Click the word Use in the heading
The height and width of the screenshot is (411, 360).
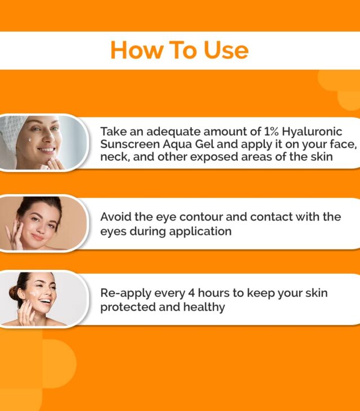(226, 50)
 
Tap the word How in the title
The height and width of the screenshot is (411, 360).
(136, 50)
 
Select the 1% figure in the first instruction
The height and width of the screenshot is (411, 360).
(271, 132)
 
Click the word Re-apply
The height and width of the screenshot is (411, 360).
(125, 293)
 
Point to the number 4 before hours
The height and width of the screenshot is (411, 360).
(191, 293)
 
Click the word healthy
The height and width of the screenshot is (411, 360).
(204, 307)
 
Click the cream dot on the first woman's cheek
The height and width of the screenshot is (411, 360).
(31, 139)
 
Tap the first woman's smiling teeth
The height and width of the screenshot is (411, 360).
(47, 150)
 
